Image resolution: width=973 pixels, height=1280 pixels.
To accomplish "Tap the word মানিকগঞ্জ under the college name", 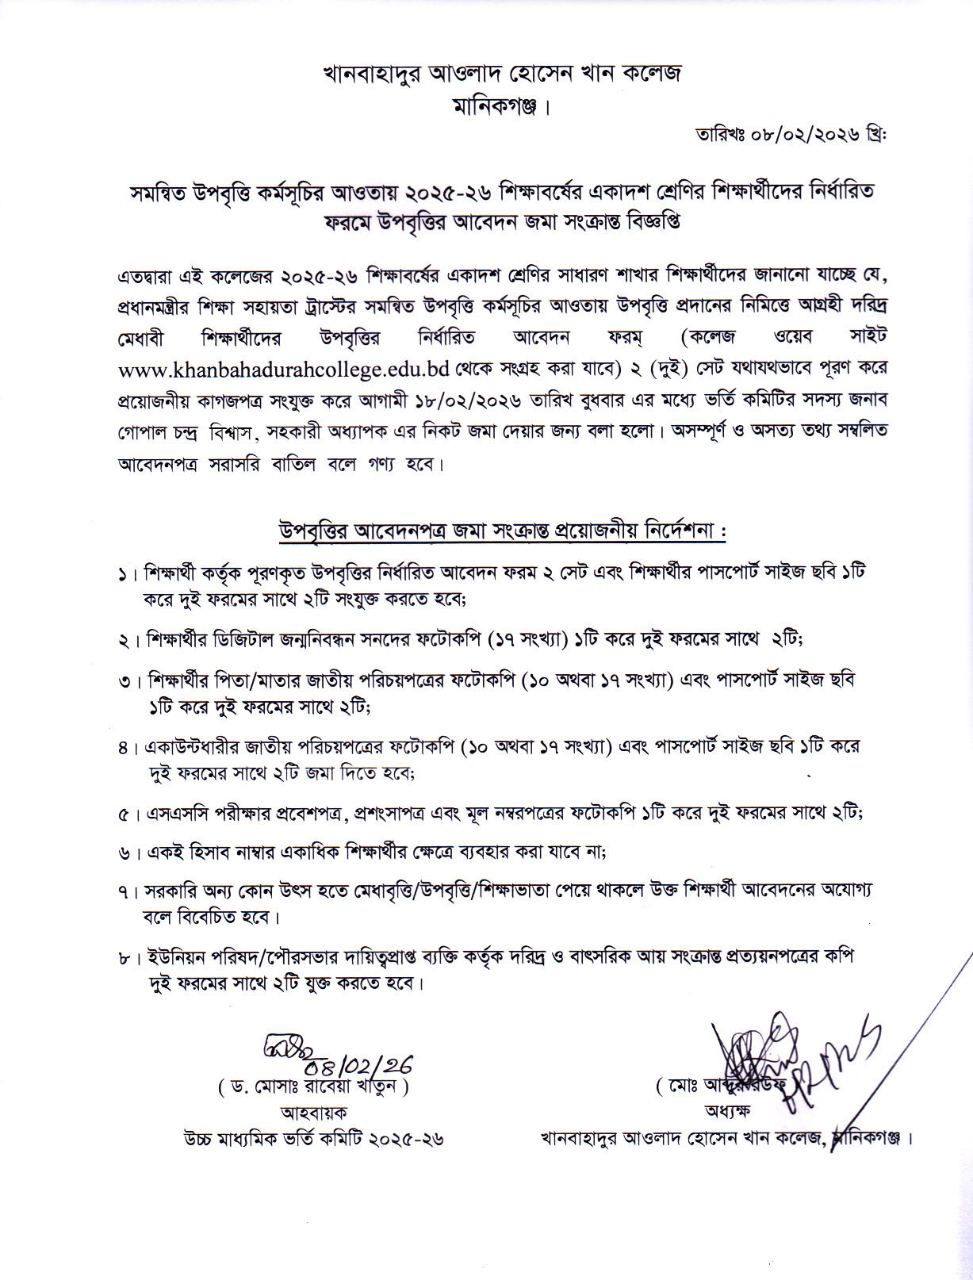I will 496,105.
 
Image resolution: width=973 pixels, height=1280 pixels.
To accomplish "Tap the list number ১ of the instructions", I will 123,573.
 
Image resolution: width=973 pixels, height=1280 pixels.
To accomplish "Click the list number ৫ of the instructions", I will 123,814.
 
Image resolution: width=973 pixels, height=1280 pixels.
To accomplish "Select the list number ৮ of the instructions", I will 123,958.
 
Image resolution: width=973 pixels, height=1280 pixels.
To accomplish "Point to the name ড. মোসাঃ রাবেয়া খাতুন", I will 312,1087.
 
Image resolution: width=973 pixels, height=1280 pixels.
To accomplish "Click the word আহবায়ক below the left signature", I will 312,1113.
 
